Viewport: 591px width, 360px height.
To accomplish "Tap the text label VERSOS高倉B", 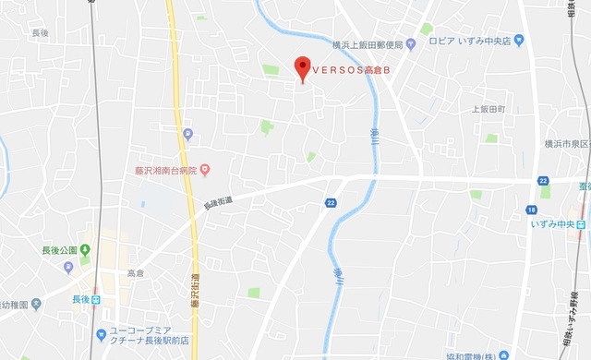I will pyautogui.click(x=349, y=68).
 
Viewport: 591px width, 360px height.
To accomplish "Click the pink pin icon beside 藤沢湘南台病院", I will pyautogui.click(x=205, y=169).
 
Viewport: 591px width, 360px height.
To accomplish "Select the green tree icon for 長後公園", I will pyautogui.click(x=85, y=249).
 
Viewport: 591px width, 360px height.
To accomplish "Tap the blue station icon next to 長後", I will pyautogui.click(x=94, y=299).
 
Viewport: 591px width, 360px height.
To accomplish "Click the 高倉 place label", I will pyautogui.click(x=136, y=273).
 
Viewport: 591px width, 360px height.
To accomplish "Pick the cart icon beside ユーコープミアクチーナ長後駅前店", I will pyautogui.click(x=101, y=333).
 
